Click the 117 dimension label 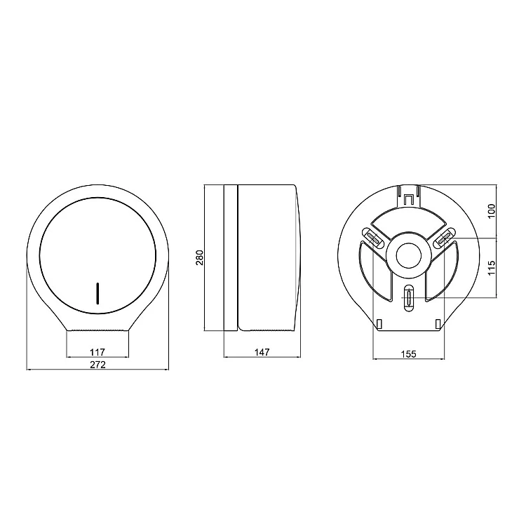[97, 352]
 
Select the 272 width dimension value [97, 365]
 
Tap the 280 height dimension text [200, 257]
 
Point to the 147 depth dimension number [262, 352]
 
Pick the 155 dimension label [409, 354]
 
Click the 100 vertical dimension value [492, 211]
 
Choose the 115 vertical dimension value [492, 268]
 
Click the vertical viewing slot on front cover [97, 293]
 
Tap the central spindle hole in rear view [409, 256]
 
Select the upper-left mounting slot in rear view [373, 238]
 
